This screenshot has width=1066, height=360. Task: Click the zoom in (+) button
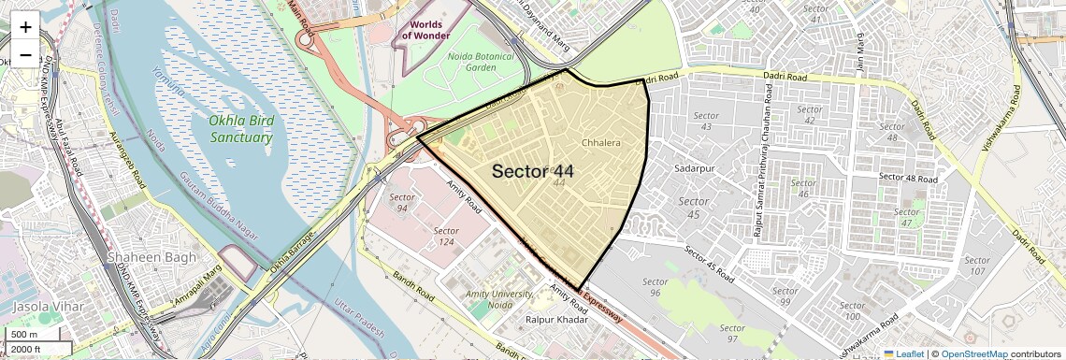click(25, 26)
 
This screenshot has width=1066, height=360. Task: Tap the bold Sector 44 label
click(532, 171)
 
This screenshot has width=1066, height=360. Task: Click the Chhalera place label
click(600, 143)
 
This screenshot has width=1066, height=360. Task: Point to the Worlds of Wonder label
click(426, 28)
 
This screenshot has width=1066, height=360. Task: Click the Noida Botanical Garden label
click(468, 61)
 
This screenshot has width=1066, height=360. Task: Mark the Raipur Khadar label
click(556, 320)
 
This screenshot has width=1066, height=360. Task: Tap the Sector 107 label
click(976, 266)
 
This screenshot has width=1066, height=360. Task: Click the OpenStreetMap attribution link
click(974, 353)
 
